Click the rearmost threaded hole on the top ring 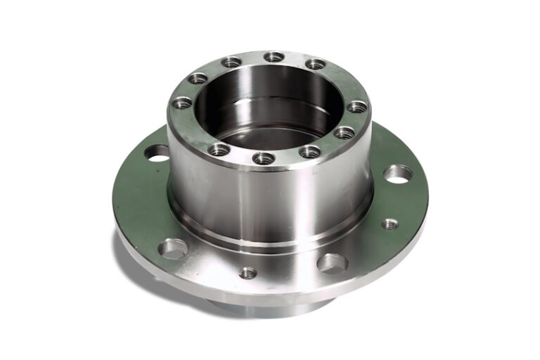click(x=274, y=56)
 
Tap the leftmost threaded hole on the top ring click(x=181, y=103)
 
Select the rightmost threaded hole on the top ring click(x=357, y=107)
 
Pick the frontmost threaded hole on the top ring click(x=263, y=158)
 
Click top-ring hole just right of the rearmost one click(x=316, y=64)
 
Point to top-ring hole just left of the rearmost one click(x=231, y=62)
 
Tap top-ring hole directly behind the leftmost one click(x=198, y=78)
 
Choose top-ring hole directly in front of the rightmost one click(x=344, y=131)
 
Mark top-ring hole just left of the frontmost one click(x=219, y=149)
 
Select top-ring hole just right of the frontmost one click(x=309, y=151)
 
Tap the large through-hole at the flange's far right click(x=398, y=174)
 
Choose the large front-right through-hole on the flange click(x=332, y=264)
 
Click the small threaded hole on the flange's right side click(x=390, y=224)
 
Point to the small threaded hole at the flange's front click(x=247, y=273)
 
